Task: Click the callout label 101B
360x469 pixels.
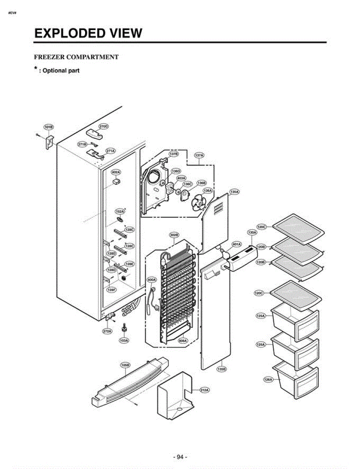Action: coord(48,127)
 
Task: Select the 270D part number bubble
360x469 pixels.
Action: coord(103,126)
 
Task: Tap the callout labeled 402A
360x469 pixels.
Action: coord(116,172)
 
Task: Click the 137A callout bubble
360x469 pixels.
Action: coord(199,155)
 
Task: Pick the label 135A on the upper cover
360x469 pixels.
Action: coord(234,192)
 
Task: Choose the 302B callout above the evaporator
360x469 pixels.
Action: coord(174,235)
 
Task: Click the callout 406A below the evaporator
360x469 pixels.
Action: coord(183,340)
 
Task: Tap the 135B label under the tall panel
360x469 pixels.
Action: coord(221,369)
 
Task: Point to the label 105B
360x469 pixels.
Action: coord(125,365)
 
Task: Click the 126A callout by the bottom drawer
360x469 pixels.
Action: coord(268,379)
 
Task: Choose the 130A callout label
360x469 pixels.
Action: coord(252,232)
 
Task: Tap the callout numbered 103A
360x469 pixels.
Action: coord(124,340)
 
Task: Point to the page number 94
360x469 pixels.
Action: coord(180,457)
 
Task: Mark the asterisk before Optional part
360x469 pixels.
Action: coord(36,69)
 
